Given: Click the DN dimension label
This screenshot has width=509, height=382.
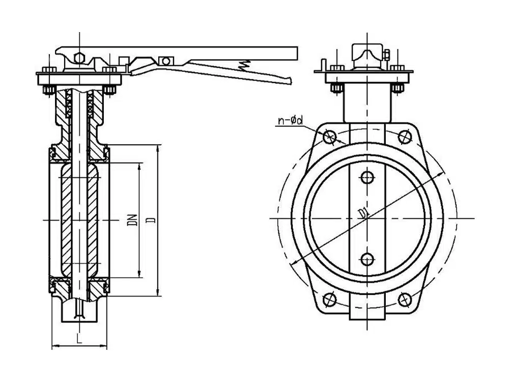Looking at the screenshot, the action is click(132, 220).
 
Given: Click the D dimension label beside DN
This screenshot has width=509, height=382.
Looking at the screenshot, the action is click(152, 220).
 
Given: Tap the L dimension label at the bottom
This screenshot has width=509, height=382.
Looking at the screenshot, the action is click(79, 339).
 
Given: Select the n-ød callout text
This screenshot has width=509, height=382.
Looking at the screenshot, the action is click(291, 121).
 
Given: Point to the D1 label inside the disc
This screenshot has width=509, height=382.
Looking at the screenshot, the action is click(363, 213).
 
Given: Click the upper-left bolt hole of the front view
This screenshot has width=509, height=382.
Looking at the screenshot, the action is click(330, 137).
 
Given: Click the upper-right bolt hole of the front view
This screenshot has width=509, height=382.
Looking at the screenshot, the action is click(405, 137).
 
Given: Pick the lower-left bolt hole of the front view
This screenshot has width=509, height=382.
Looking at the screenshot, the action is click(330, 299).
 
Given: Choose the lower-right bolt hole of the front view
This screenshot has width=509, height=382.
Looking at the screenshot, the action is click(405, 299).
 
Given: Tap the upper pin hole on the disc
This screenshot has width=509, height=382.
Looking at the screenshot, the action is click(367, 177).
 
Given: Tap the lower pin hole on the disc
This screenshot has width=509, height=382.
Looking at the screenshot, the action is click(367, 259).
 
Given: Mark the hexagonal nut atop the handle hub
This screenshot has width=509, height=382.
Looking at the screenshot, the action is click(79, 59).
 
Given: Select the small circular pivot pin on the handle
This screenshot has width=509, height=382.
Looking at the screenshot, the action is click(166, 61).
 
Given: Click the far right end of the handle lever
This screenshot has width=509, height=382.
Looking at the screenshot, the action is click(297, 53).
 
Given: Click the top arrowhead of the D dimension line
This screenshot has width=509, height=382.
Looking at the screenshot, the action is click(158, 148).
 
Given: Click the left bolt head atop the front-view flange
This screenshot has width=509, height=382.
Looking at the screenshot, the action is click(337, 68).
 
